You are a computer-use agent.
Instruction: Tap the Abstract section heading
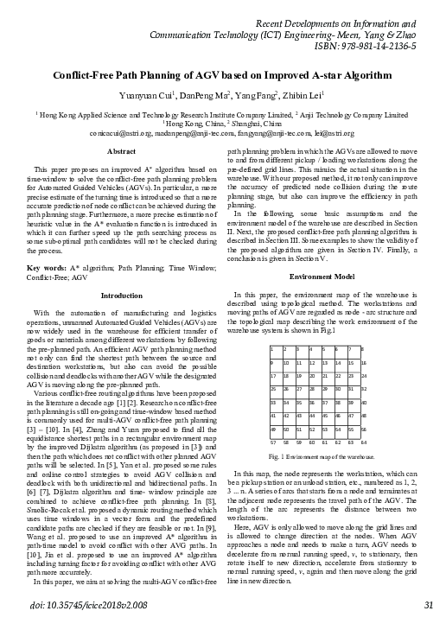120,151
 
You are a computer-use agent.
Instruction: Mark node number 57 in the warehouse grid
274,442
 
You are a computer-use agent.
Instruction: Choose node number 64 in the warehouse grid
364,442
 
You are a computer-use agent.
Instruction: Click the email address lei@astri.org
329,133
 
